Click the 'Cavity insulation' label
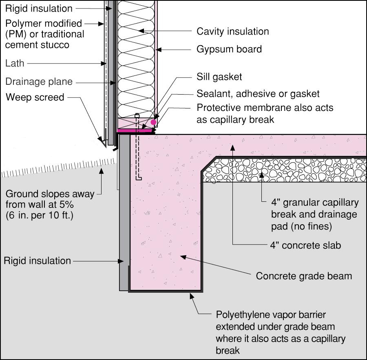(x=233, y=31)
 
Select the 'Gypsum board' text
(x=229, y=50)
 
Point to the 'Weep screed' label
(x=35, y=97)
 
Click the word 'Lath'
(x=15, y=63)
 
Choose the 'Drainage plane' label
(x=39, y=82)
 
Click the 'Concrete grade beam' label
(x=304, y=276)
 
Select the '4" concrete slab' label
(x=305, y=245)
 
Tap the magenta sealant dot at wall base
(x=153, y=122)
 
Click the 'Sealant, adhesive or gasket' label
(x=258, y=94)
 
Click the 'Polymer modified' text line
(x=44, y=23)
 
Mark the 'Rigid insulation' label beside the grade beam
(x=38, y=261)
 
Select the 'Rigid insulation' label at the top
(x=39, y=8)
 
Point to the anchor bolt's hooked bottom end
(x=139, y=178)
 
